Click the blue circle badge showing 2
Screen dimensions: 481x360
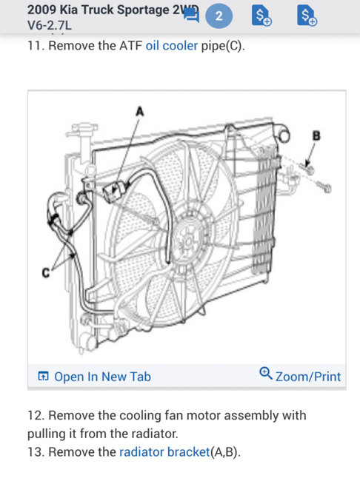(x=219, y=16)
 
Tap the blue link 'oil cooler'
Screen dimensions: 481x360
(x=171, y=45)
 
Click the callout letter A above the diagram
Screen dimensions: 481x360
(x=140, y=111)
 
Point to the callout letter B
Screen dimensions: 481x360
(x=316, y=135)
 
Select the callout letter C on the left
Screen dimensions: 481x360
(x=46, y=274)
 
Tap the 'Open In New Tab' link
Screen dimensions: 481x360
(x=102, y=377)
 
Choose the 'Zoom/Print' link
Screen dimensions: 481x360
(x=307, y=377)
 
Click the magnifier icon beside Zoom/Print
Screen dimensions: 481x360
(x=266, y=375)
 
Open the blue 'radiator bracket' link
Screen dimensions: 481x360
(x=164, y=451)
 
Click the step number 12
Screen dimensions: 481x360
(x=36, y=416)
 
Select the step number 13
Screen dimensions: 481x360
(x=36, y=451)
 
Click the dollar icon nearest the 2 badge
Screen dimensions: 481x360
(x=261, y=16)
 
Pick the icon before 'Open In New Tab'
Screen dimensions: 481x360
(x=43, y=377)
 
